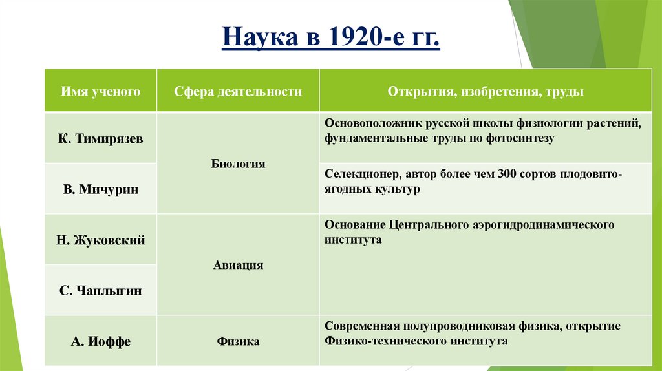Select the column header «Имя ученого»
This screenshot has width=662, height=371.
coord(100,92)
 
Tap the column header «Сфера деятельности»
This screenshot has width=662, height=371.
coord(238,92)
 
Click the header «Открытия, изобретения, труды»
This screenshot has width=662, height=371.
coord(486,92)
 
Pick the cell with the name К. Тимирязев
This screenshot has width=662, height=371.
coord(100,138)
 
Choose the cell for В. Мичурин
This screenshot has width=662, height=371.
coord(100,189)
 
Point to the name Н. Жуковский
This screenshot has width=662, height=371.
coord(100,240)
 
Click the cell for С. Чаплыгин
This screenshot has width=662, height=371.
coord(100,290)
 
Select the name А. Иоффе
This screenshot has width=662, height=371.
coord(100,341)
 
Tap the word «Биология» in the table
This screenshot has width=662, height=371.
coord(238,164)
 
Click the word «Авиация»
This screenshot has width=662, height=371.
coord(238,265)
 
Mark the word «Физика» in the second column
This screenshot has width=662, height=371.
coord(238,341)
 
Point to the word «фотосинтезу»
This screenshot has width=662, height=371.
coord(522,138)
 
